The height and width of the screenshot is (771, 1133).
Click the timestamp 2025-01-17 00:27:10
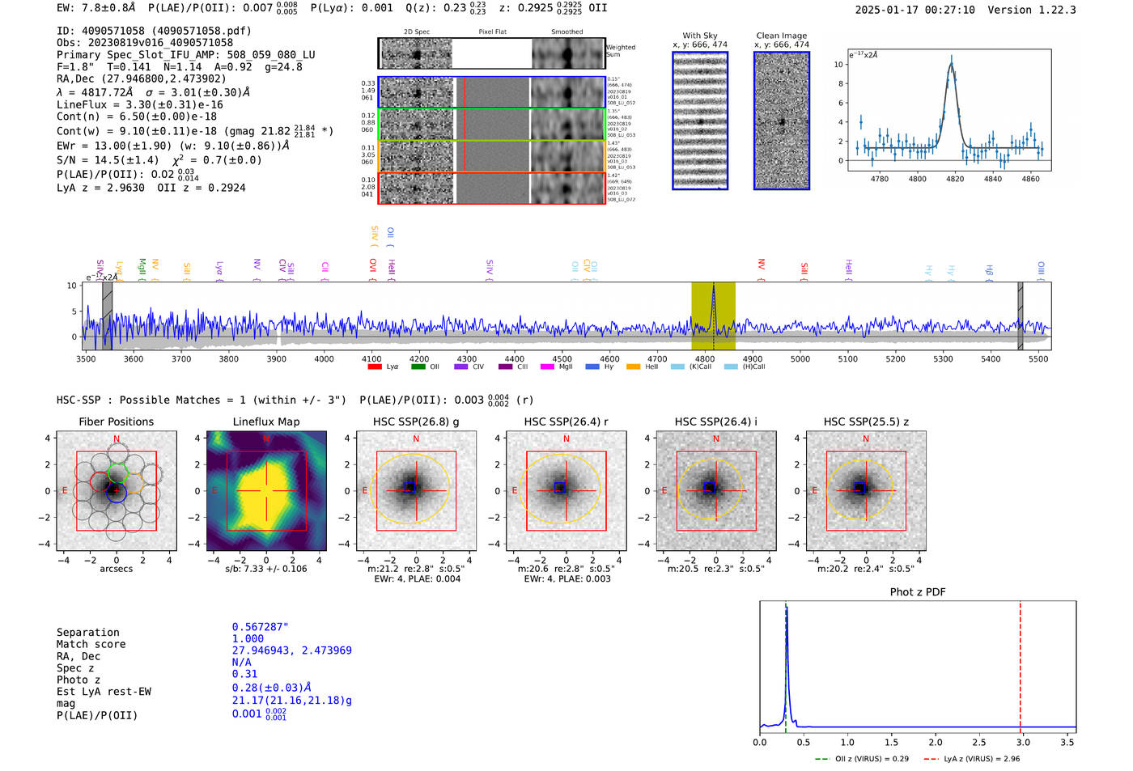click(x=914, y=10)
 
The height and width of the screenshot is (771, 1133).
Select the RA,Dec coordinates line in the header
click(x=142, y=78)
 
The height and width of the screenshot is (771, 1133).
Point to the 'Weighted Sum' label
click(x=621, y=51)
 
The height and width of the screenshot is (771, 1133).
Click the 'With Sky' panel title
click(x=699, y=36)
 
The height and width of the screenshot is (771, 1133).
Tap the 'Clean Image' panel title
click(x=781, y=36)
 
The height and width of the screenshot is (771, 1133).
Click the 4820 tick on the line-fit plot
click(x=955, y=179)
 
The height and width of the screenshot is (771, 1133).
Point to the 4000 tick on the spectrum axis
click(x=324, y=359)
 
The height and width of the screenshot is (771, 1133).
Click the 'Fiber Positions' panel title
click(x=116, y=422)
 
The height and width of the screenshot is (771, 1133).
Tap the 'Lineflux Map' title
click(x=265, y=422)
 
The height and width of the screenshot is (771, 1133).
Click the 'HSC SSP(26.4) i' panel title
click(x=715, y=422)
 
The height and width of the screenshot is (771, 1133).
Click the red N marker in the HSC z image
click(x=866, y=439)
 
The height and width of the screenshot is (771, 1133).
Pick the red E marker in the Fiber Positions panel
click(x=66, y=490)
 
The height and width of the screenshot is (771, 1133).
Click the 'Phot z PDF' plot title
click(x=917, y=592)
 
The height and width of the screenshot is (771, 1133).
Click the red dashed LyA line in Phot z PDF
click(x=1020, y=663)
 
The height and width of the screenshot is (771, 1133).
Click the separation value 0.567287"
click(x=260, y=627)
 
